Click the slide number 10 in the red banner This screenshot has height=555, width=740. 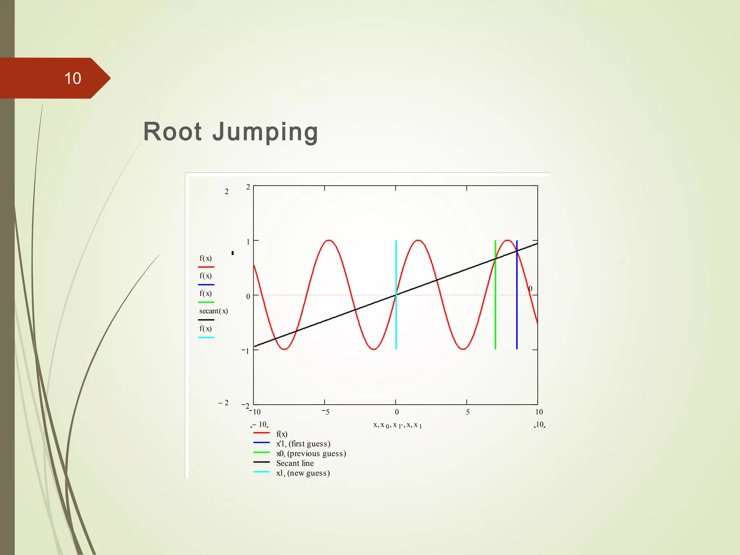[73, 78]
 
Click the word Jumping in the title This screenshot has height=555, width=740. [265, 132]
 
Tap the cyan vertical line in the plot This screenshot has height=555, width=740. [396, 318]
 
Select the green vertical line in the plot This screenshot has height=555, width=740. [495, 318]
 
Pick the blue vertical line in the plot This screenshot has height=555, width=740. [517, 318]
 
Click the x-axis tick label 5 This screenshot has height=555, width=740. [468, 412]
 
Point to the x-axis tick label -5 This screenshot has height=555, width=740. [326, 412]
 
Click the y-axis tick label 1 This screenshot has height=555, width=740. [248, 242]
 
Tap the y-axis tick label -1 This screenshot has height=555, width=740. [246, 351]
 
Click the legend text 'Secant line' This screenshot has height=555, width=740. [295, 463]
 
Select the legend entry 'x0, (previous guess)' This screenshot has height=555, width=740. [311, 453]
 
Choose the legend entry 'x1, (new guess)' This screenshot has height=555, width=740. [303, 473]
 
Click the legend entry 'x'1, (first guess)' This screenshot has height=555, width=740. [303, 444]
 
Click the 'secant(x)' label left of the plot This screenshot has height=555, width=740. [214, 311]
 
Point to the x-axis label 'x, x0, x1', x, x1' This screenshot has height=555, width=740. [397, 425]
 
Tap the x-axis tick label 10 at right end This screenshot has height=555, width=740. [539, 412]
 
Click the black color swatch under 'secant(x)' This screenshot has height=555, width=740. [206, 320]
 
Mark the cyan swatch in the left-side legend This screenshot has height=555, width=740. [206, 337]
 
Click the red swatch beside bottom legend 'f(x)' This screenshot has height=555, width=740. [261, 433]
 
